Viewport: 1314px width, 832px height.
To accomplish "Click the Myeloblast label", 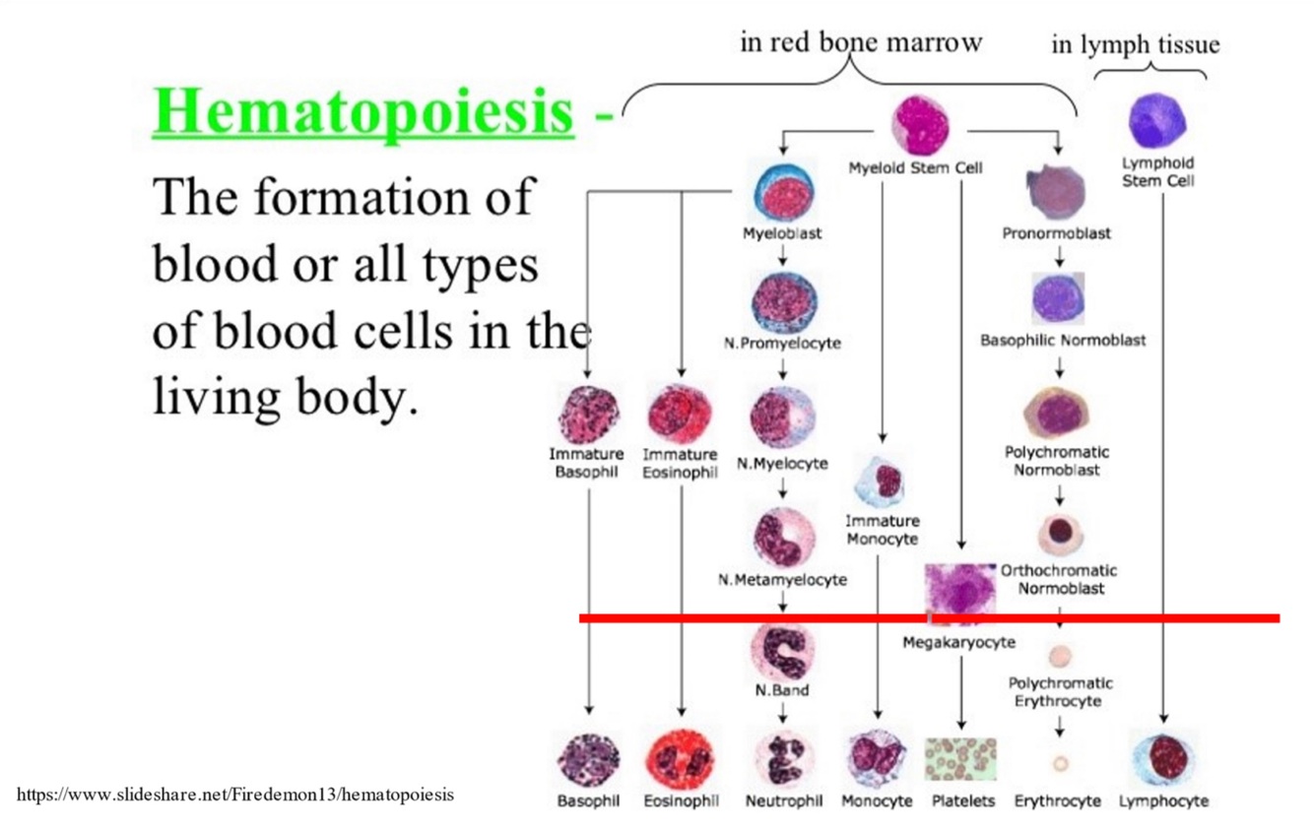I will point(782,234).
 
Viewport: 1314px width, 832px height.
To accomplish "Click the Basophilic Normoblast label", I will point(1063,341).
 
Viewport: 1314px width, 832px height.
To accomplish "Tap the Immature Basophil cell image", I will point(588,415).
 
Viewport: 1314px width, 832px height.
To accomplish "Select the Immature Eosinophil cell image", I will point(680,415).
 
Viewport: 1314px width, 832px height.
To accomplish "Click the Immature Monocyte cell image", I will point(884,481).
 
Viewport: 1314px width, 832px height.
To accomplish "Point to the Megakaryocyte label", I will point(958,643).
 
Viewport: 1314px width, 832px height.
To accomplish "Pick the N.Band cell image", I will point(782,650).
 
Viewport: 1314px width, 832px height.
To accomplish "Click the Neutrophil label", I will point(783,801).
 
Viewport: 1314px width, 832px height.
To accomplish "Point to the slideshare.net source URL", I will point(236,795).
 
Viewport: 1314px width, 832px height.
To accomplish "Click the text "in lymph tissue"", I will point(1135,44).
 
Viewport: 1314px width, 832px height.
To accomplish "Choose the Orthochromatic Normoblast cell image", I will point(1060,532).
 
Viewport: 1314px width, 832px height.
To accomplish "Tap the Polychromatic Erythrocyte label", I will point(1060,691).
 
